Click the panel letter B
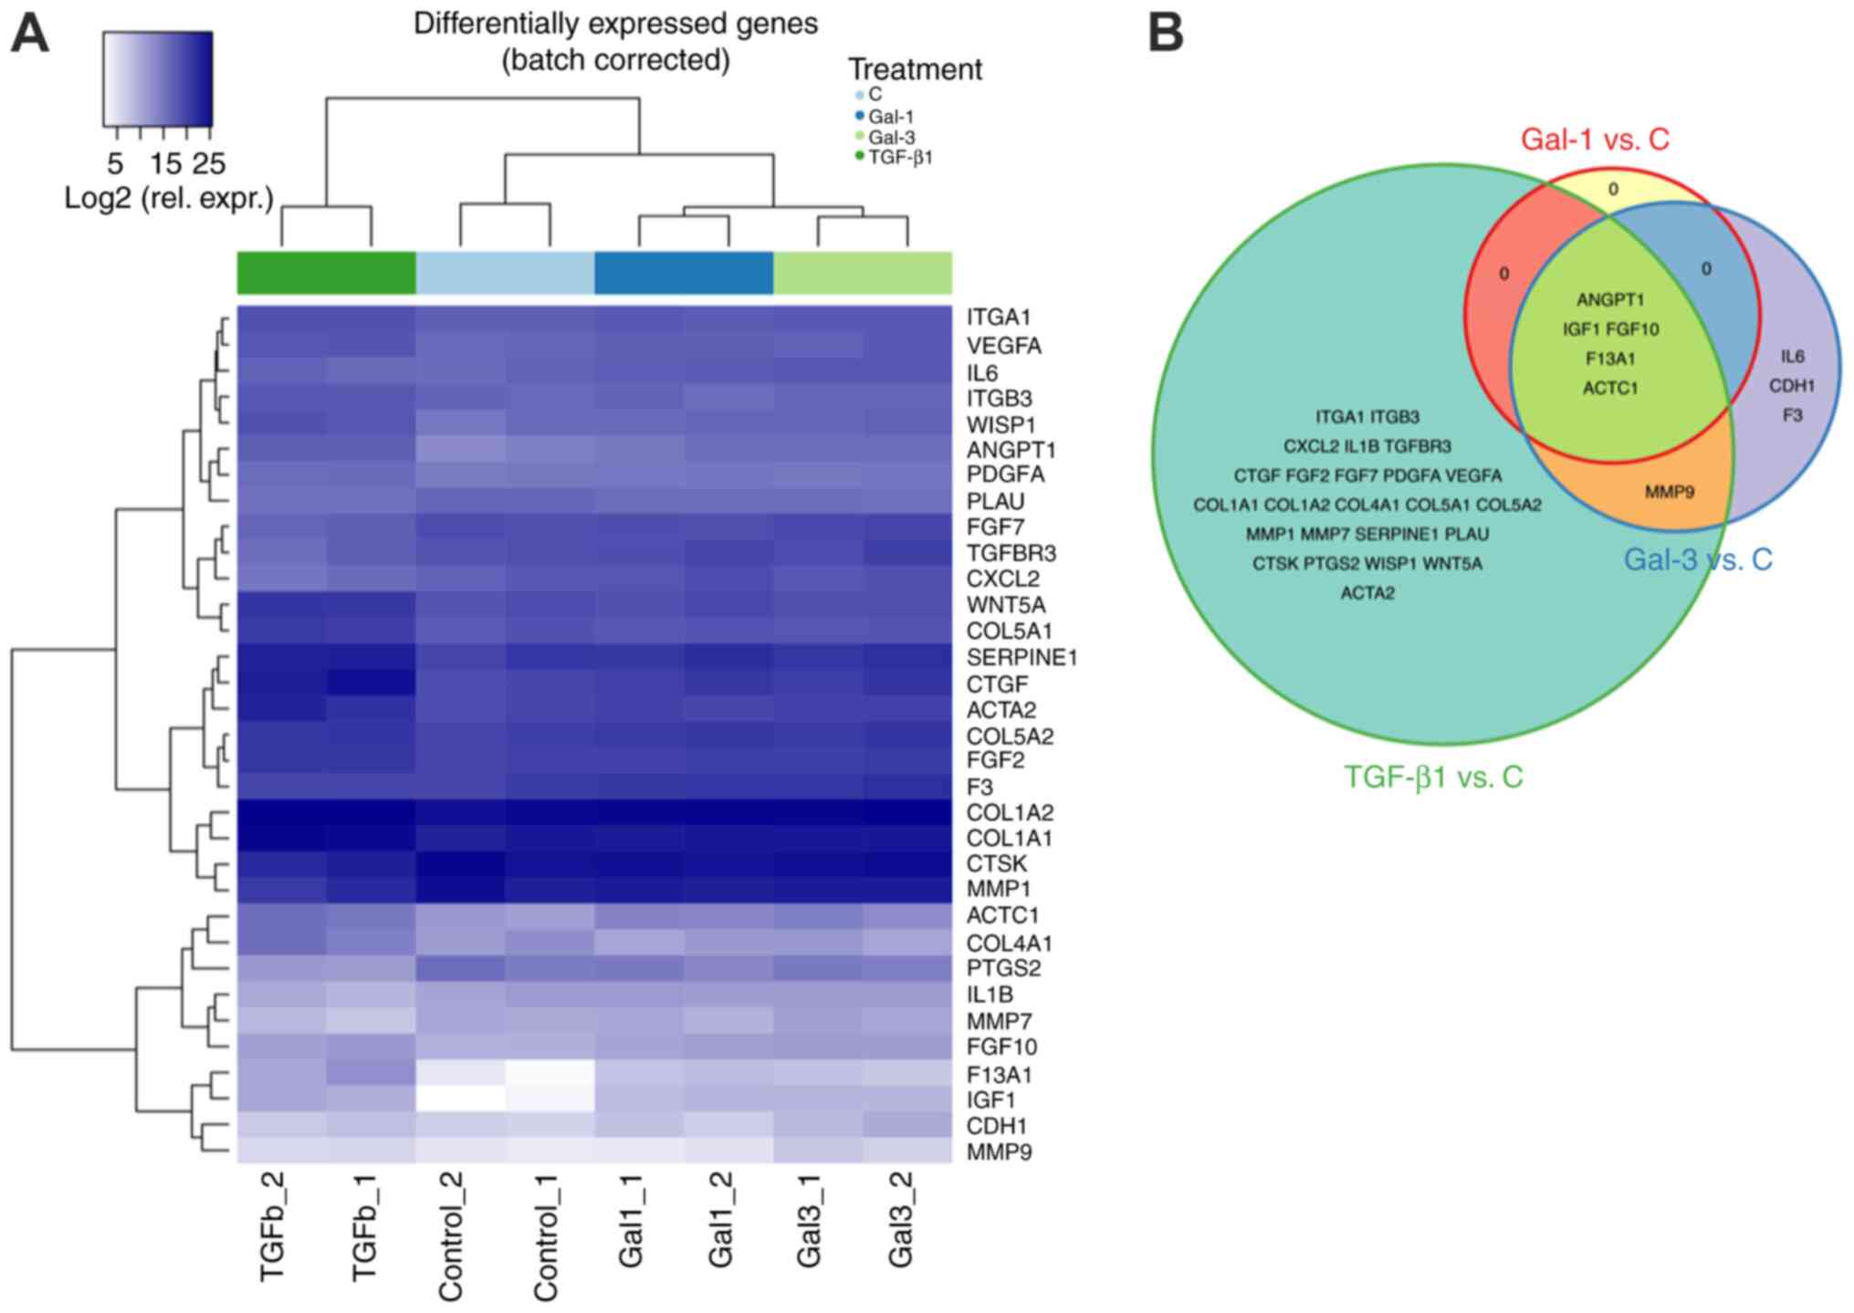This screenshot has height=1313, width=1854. pyautogui.click(x=1165, y=35)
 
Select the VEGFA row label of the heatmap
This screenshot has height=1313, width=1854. pyautogui.click(x=1003, y=346)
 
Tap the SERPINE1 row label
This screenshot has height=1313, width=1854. pyautogui.click(x=1021, y=658)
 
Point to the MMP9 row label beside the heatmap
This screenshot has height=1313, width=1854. pyautogui.click(x=999, y=1152)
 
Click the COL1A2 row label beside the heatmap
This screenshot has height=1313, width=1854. pyautogui.click(x=1010, y=813)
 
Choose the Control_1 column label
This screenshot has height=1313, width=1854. pyautogui.click(x=546, y=1237)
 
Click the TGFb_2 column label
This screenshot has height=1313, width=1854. pyautogui.click(x=274, y=1226)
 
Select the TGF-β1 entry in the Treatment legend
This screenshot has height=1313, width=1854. pyautogui.click(x=899, y=157)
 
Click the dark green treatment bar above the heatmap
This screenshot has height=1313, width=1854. pyautogui.click(x=326, y=273)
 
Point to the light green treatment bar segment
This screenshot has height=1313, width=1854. pyautogui.click(x=862, y=273)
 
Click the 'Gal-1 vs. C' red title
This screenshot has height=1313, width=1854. pyautogui.click(x=1595, y=140)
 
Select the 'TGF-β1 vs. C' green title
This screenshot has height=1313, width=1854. pyautogui.click(x=1433, y=776)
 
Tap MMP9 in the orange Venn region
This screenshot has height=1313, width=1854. pyautogui.click(x=1669, y=493)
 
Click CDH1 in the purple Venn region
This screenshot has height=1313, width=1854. pyautogui.click(x=1792, y=386)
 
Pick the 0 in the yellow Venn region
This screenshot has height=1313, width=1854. pyautogui.click(x=1613, y=190)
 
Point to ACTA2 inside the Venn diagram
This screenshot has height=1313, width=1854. pyautogui.click(x=1367, y=593)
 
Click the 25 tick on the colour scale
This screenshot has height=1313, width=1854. pyautogui.click(x=209, y=164)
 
